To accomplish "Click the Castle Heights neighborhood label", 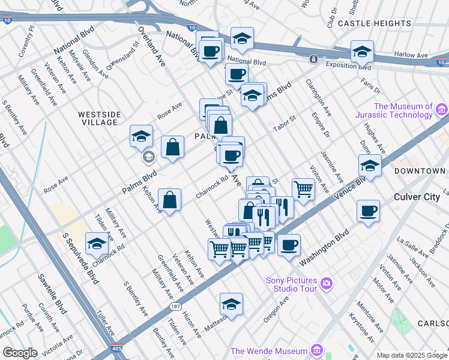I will [374, 23].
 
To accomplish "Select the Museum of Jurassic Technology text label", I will [403, 111].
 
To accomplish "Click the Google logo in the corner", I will [20, 353].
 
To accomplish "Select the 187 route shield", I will [175, 307].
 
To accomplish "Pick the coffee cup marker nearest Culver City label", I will [368, 211].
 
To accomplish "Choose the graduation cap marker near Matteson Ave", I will [231, 305].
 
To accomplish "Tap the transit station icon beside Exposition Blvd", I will [313, 59].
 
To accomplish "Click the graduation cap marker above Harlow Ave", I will [363, 52].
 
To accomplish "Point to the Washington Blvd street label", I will [324, 247].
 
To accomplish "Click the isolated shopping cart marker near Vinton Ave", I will [304, 190].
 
